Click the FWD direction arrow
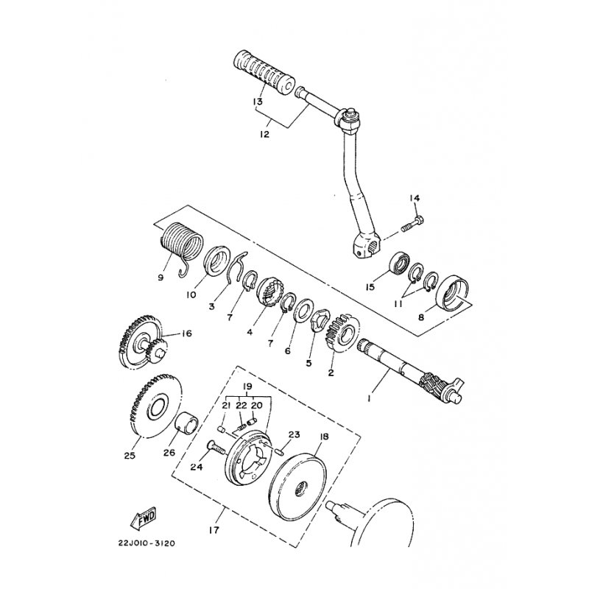[x=144, y=518]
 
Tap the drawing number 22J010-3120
[x=146, y=543]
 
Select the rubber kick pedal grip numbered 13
[x=264, y=71]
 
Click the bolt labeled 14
[x=412, y=224]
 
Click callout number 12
[x=265, y=134]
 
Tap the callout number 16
[x=186, y=334]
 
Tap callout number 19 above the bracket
[x=247, y=387]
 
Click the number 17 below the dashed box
[x=214, y=530]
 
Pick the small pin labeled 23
[x=279, y=450]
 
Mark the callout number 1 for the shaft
[x=370, y=398]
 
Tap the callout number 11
[x=398, y=304]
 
